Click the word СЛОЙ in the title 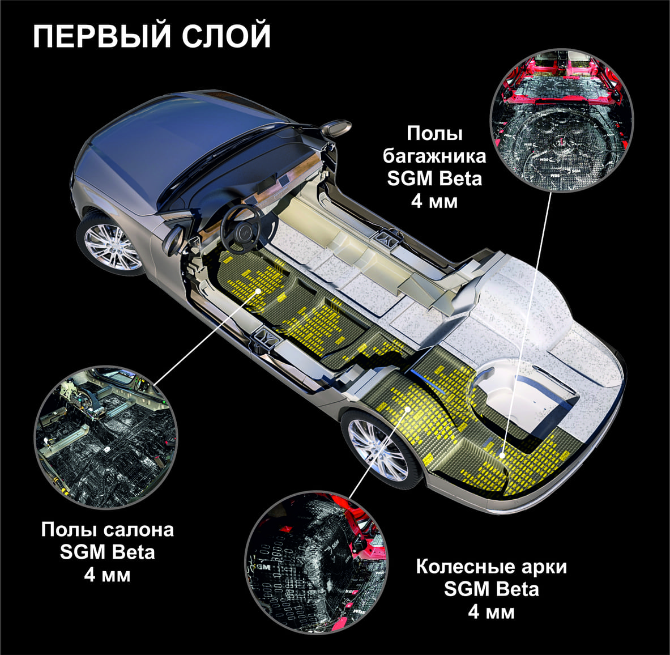pyautogui.click(x=227, y=36)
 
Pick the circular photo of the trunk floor pyautogui.click(x=561, y=120)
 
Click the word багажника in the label pyautogui.click(x=434, y=156)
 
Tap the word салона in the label pyautogui.click(x=139, y=530)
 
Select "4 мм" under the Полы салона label pyautogui.click(x=107, y=575)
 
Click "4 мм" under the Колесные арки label pyautogui.click(x=492, y=613)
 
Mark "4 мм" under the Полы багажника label pyautogui.click(x=434, y=201)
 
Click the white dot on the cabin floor pyautogui.click(x=258, y=291)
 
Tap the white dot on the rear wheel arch pyautogui.click(x=408, y=409)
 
